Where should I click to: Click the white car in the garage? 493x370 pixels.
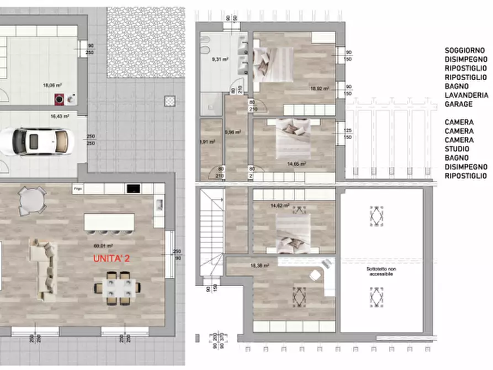click(x=34, y=141)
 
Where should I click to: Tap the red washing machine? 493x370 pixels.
click(x=59, y=99)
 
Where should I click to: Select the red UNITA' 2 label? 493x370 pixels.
click(x=112, y=258)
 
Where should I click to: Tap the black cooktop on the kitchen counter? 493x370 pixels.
click(x=132, y=189)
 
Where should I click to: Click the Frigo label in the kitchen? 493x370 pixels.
click(x=78, y=189)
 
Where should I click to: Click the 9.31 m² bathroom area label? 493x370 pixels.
click(x=221, y=60)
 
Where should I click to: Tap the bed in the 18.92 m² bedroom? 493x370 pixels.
click(x=273, y=64)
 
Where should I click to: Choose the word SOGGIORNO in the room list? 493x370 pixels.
click(x=466, y=50)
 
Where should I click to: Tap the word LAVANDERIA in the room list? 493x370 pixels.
click(x=467, y=95)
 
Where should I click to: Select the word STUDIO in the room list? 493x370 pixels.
click(x=458, y=149)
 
